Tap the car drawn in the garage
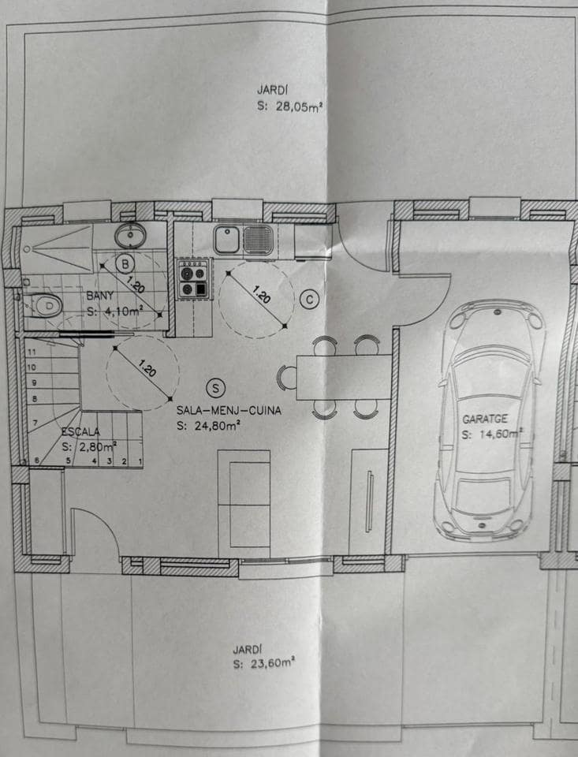489,418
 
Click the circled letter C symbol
310,300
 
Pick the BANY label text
100,296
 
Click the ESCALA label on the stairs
80,432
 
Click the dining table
344,377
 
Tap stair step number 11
32,352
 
